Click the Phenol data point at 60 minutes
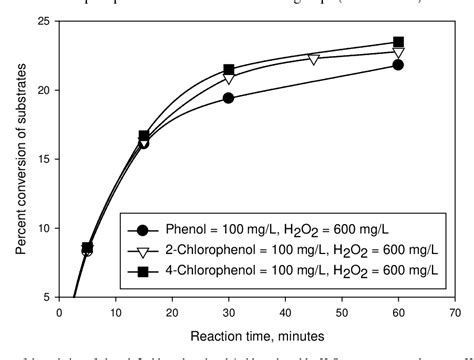pos(399,64)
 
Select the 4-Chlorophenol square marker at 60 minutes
pos(399,42)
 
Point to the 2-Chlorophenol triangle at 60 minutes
pos(399,52)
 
